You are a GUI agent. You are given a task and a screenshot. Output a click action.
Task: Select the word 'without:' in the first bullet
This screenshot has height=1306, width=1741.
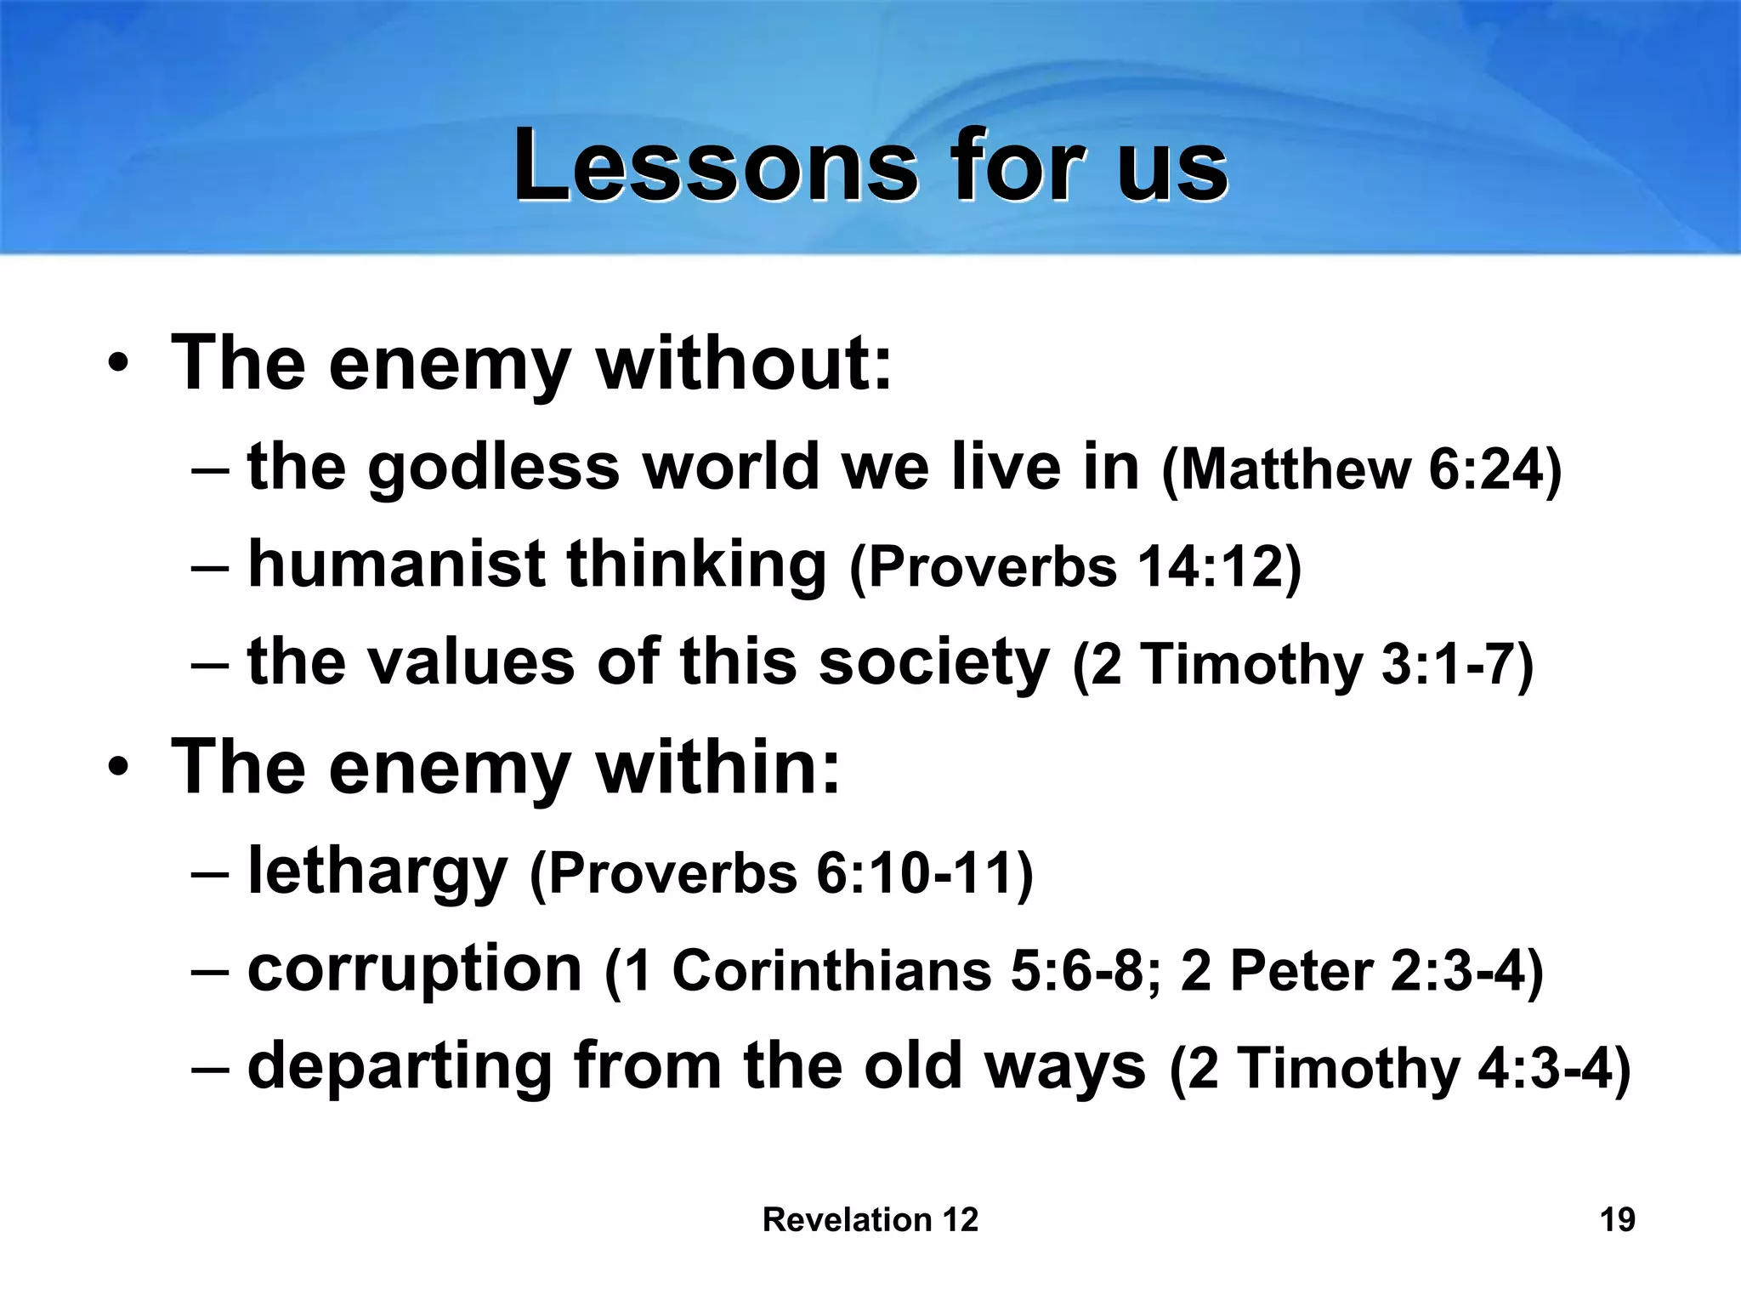click(x=744, y=364)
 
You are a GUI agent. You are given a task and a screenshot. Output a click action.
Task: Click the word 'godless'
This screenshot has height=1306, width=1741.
click(x=493, y=468)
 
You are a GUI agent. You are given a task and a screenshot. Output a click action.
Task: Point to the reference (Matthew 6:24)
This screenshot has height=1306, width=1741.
click(x=1361, y=469)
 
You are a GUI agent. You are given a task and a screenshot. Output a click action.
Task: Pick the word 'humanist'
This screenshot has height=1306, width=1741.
click(x=395, y=565)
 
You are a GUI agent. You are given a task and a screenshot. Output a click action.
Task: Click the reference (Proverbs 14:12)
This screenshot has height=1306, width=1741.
click(x=1075, y=567)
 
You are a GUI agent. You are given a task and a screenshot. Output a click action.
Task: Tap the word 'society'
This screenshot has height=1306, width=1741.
click(x=933, y=662)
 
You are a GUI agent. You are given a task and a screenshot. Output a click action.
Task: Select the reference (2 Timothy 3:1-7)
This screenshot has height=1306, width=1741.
click(x=1303, y=665)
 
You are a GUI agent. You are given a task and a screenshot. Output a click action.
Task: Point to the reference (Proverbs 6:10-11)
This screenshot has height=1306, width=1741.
click(x=780, y=874)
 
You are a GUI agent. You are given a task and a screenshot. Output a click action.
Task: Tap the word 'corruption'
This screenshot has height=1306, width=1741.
click(x=414, y=969)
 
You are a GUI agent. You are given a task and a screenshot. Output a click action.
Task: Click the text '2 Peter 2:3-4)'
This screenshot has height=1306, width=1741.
click(x=1362, y=971)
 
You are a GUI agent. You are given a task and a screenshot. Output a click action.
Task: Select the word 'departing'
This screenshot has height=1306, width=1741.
click(x=400, y=1066)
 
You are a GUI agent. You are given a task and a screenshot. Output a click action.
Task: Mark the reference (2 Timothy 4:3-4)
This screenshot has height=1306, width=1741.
click(x=1400, y=1068)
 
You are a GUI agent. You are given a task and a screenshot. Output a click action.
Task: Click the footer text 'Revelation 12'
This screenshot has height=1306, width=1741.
click(x=870, y=1219)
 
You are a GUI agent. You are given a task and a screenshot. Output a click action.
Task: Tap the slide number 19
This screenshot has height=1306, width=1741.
click(x=1617, y=1219)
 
